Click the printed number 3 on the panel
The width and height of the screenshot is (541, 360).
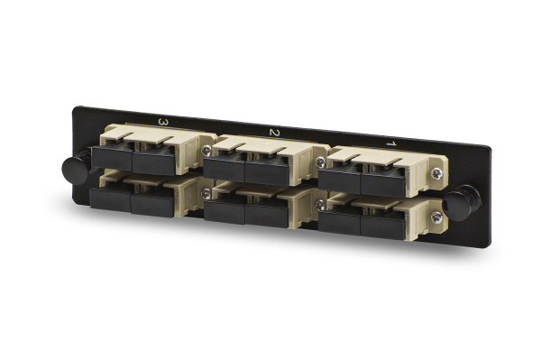pyautogui.click(x=163, y=122)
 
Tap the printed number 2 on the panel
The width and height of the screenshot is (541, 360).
pyautogui.click(x=274, y=133)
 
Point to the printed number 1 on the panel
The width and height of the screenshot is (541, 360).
pyautogui.click(x=390, y=143)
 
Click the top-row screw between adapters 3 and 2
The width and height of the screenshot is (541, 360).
pyautogui.click(x=206, y=150)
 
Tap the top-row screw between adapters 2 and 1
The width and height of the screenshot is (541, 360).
pyautogui.click(x=320, y=161)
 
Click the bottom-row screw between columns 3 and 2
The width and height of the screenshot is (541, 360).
pyautogui.click(x=207, y=193)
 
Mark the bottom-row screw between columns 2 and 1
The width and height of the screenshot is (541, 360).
pyautogui.click(x=320, y=206)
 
